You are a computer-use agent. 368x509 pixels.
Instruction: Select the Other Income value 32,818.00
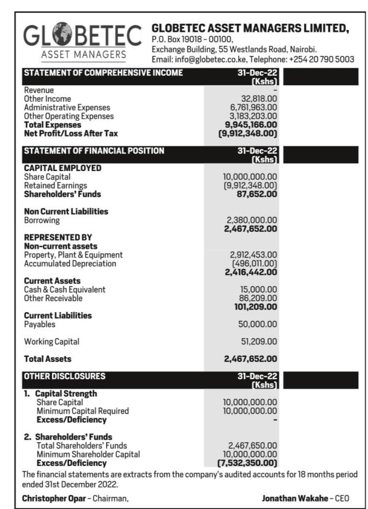(259, 99)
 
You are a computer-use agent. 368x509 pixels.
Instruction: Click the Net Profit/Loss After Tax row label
(71, 133)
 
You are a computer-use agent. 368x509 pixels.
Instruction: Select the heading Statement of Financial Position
(94, 151)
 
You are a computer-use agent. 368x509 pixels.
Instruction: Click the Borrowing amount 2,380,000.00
(252, 220)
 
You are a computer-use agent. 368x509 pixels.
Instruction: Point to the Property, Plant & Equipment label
(73, 255)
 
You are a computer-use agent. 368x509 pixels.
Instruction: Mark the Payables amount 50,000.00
(258, 324)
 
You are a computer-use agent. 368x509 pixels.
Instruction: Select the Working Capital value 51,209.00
(258, 342)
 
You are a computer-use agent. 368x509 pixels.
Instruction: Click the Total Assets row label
(47, 359)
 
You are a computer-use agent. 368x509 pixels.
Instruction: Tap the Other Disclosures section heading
(64, 376)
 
